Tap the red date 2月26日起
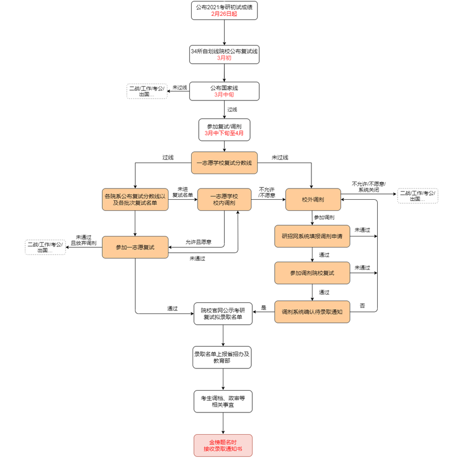click(224, 14)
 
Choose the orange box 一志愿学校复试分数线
click(224, 163)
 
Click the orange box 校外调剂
click(313, 199)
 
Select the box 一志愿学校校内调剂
click(224, 199)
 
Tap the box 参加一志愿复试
click(135, 247)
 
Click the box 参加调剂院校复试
click(312, 273)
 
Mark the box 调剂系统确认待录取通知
click(312, 312)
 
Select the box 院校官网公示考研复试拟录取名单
click(223, 313)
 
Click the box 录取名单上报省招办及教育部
click(223, 357)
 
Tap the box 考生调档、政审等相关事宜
click(223, 401)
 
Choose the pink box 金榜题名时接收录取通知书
click(223, 445)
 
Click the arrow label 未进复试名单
click(182, 192)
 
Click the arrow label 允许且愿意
click(198, 242)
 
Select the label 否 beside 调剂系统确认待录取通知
click(362, 305)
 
